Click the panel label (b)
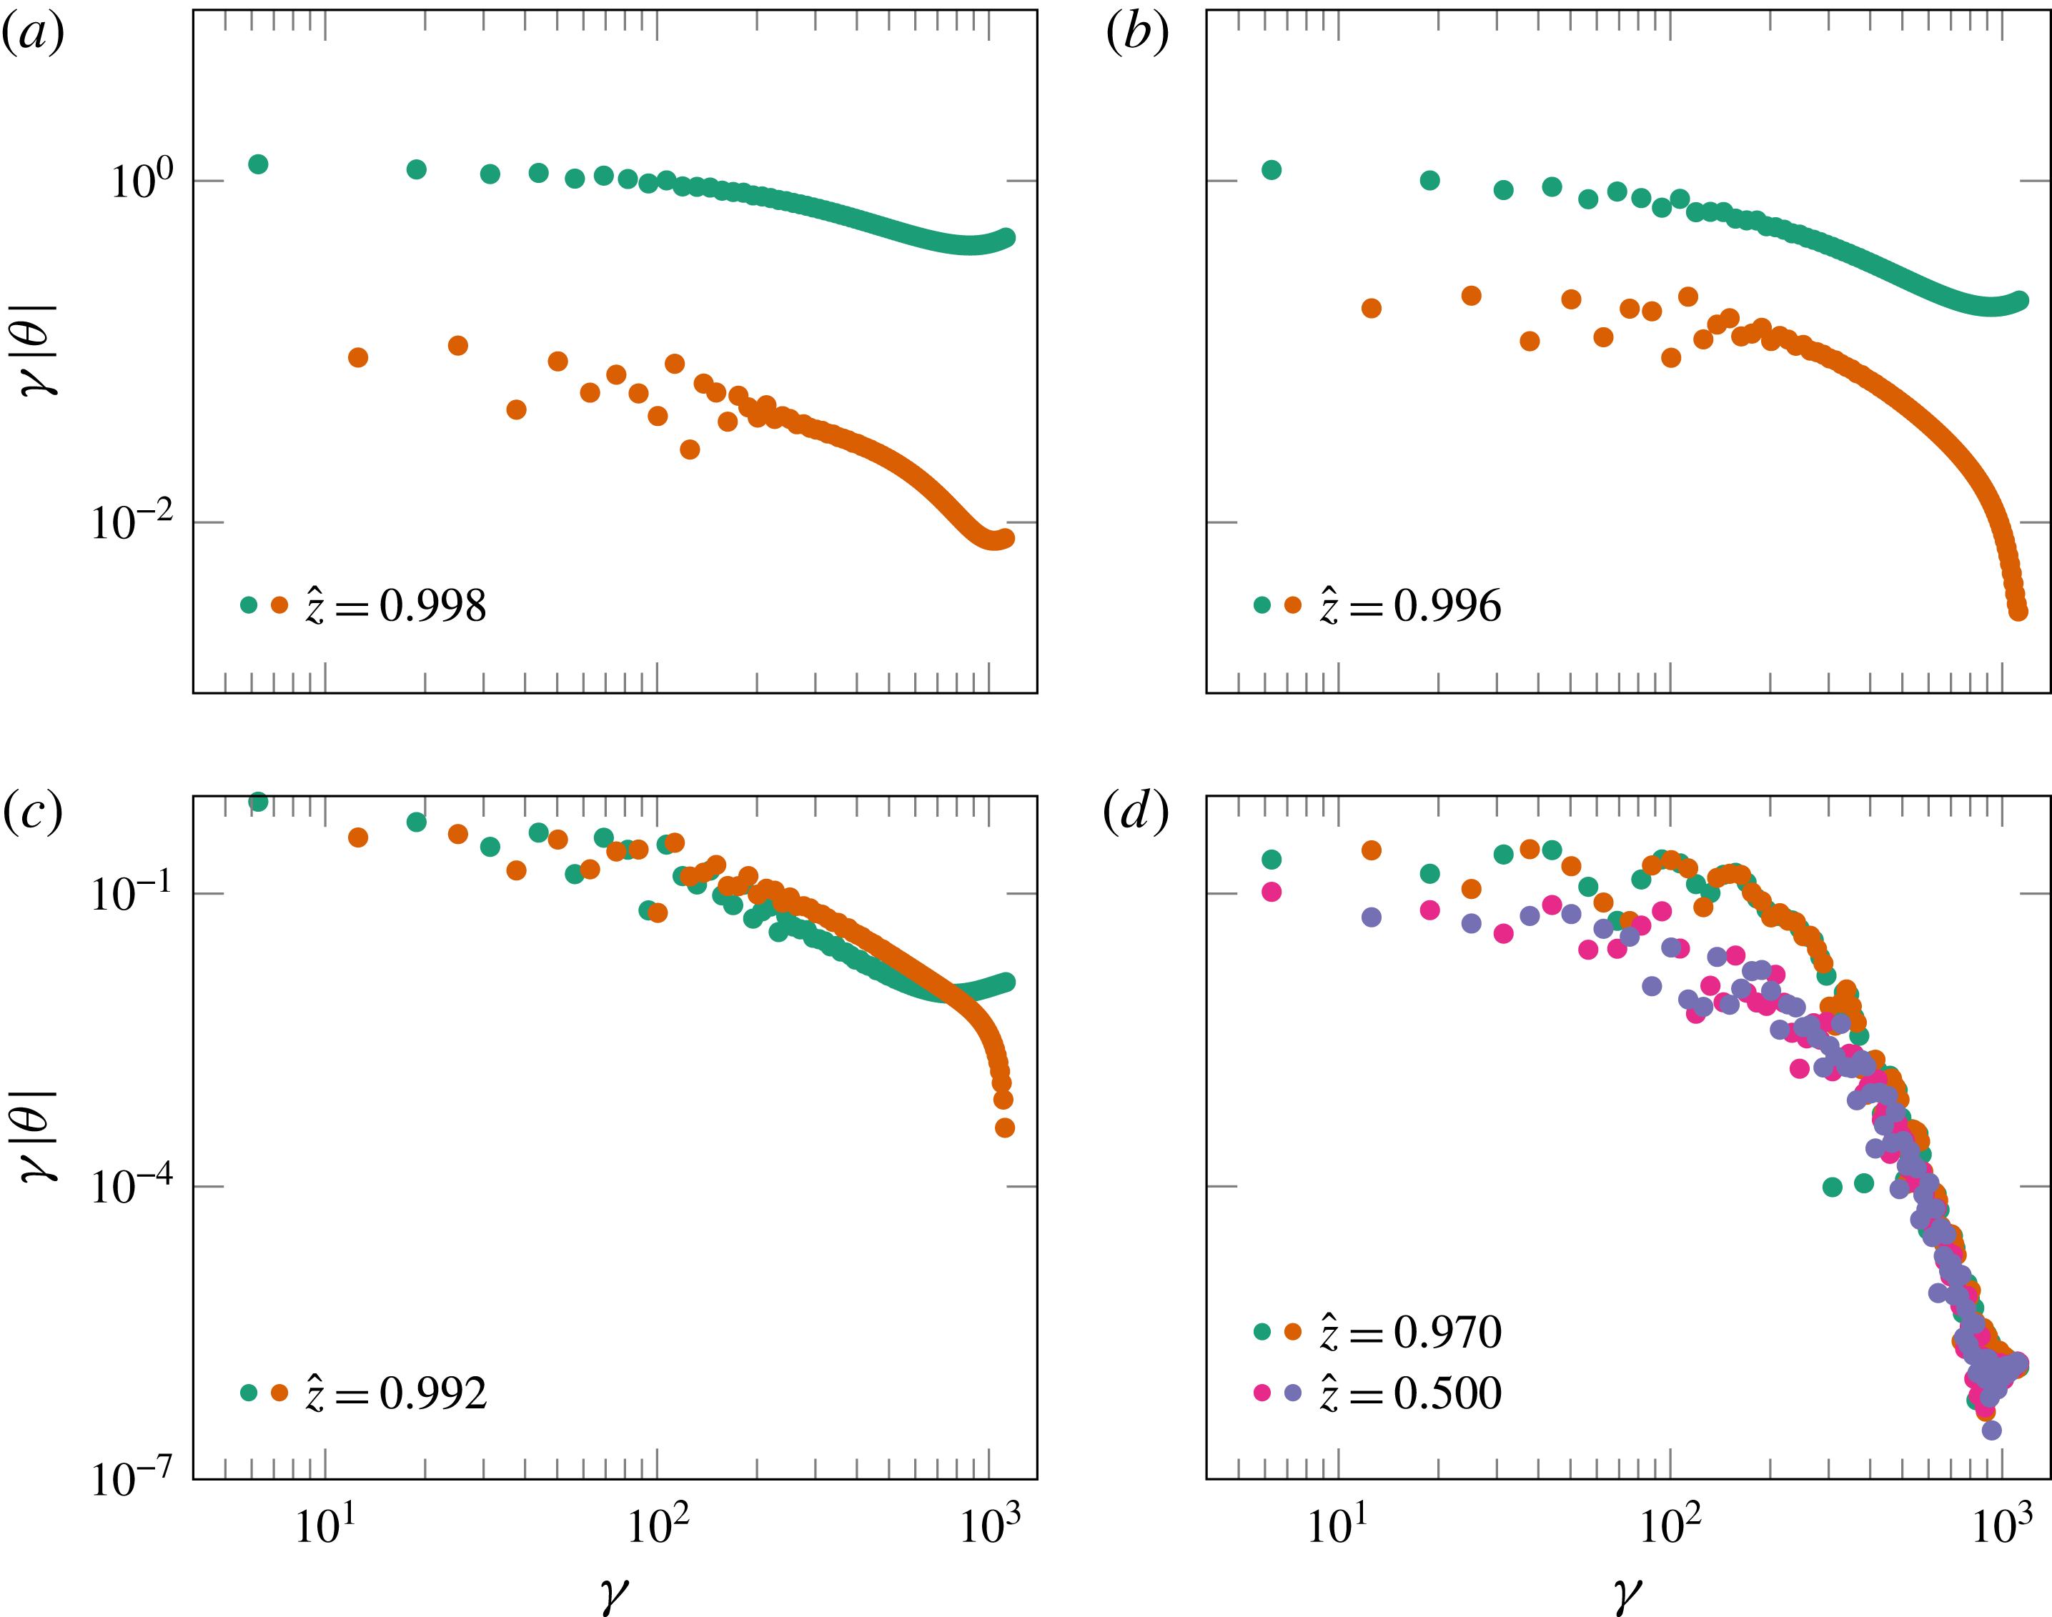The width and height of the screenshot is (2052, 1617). [1137, 35]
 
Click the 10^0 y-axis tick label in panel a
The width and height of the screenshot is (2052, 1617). [143, 180]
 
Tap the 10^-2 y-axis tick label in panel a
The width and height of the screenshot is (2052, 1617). [132, 522]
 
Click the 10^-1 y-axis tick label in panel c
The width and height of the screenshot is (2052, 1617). [132, 892]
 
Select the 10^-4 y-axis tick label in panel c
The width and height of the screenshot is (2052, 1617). [132, 1185]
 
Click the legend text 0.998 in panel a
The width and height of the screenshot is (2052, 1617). [432, 606]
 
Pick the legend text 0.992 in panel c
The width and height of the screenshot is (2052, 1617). [432, 1393]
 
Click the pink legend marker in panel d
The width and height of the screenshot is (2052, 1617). [1262, 1393]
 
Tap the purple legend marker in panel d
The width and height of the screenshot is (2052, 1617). [1292, 1393]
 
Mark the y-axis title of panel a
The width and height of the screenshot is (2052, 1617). [40, 349]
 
